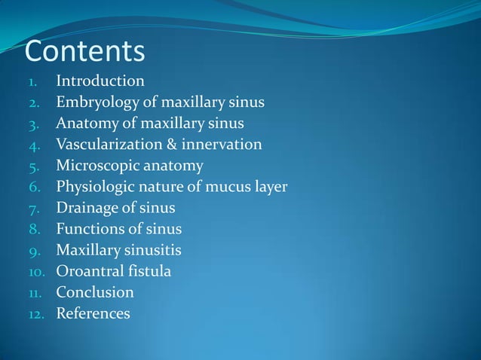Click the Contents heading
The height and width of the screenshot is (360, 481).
84,52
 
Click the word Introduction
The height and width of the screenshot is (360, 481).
100,81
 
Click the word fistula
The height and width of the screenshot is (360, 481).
151,270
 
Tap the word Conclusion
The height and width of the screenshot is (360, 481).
95,291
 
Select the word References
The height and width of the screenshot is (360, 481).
93,313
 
